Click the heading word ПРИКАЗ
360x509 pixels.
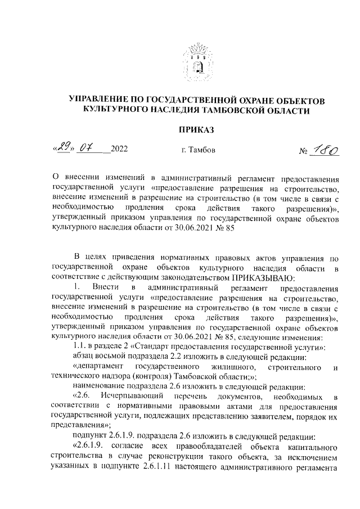[x=196, y=130]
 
